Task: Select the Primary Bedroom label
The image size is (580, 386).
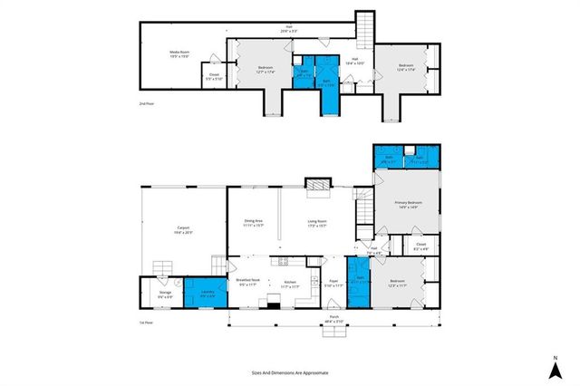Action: click(406, 204)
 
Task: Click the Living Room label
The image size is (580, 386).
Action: click(317, 222)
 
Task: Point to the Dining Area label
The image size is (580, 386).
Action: click(253, 222)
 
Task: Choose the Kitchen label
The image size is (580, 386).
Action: click(290, 283)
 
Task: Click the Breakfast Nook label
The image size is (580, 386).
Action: click(248, 283)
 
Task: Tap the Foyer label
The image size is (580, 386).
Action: click(333, 284)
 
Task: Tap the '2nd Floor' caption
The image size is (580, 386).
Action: click(146, 105)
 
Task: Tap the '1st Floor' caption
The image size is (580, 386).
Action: click(146, 322)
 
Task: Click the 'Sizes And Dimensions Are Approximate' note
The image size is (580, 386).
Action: click(290, 372)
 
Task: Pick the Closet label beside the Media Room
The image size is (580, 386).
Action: click(214, 76)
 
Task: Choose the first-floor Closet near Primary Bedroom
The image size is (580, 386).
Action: click(420, 246)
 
